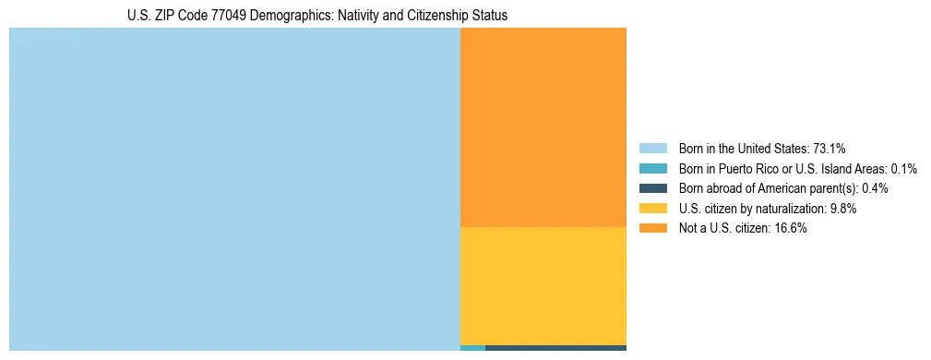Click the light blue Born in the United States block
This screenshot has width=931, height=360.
coord(234,189)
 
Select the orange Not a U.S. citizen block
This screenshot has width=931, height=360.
coord(543,127)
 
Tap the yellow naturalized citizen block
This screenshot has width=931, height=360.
coord(543,285)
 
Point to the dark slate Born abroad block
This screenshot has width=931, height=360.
coord(555,348)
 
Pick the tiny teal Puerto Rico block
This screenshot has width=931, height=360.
coord(472,348)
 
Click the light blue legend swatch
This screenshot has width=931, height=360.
coord(652,148)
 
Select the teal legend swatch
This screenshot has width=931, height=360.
coord(652,168)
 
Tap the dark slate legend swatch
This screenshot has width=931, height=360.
coord(652,188)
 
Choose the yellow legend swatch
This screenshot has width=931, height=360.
coord(652,209)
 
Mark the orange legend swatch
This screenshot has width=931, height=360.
coord(652,228)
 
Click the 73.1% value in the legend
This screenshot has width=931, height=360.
coord(830,148)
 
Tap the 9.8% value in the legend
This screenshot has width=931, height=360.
coord(843,209)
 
